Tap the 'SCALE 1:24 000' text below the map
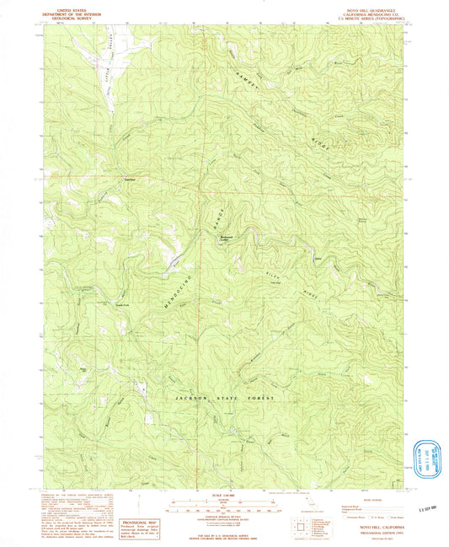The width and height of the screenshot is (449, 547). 224,494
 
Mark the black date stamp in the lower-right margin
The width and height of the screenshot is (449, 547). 431,509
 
